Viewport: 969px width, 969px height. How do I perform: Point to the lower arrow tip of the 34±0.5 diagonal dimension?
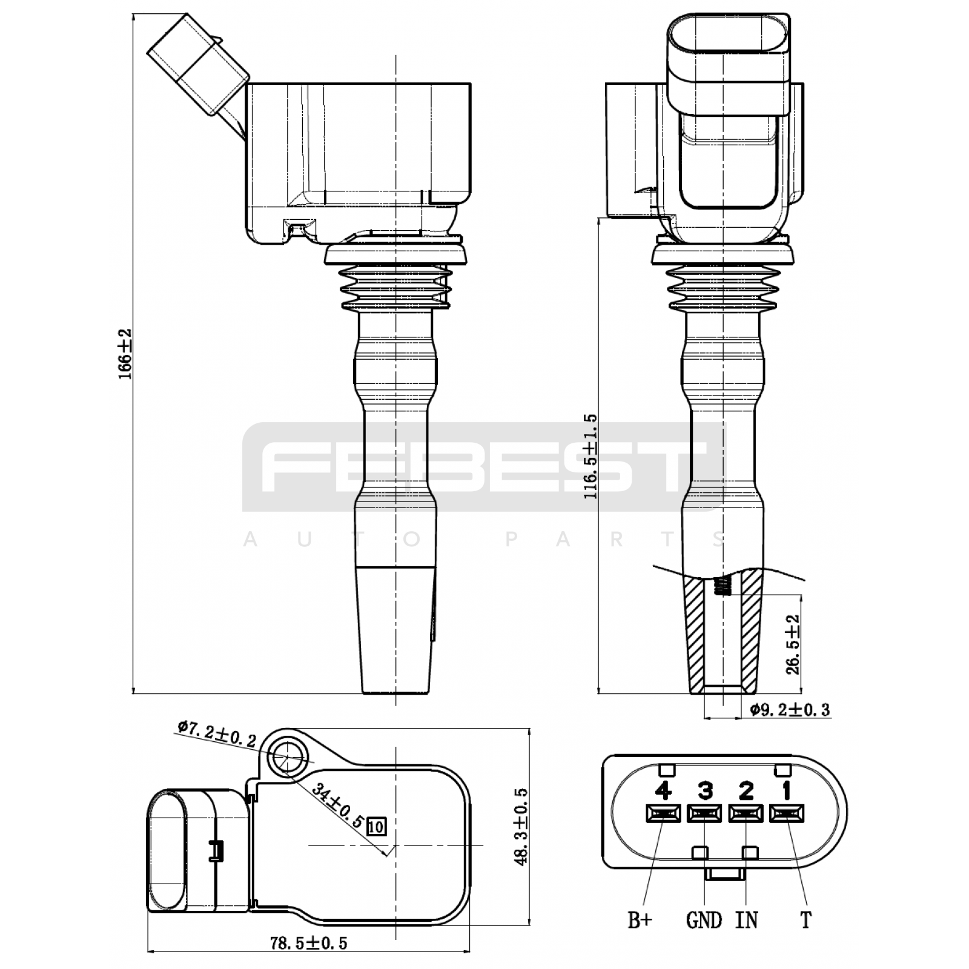tap(386, 857)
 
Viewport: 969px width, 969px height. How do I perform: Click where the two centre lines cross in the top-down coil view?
tap(395, 845)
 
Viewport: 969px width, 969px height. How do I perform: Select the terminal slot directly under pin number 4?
tap(664, 813)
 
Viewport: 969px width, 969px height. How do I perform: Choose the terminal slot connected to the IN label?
tap(746, 813)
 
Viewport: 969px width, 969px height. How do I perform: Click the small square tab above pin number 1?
tap(782, 770)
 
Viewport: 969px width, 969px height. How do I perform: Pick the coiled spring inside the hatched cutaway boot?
tap(721, 586)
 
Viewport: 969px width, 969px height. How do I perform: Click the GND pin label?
tap(704, 921)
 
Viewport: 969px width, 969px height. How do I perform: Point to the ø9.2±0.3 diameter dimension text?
tap(789, 709)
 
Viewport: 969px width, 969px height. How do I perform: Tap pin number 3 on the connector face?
tap(705, 790)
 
